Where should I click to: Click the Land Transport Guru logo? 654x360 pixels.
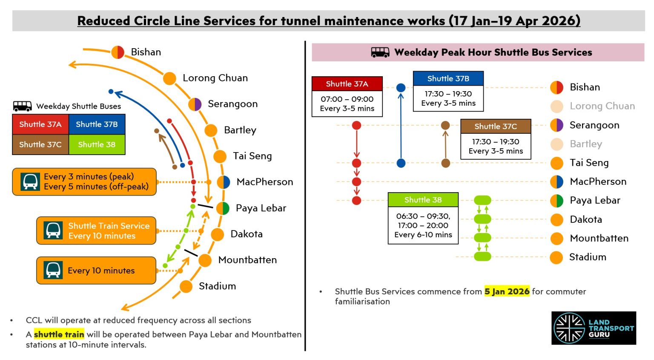point(594,328)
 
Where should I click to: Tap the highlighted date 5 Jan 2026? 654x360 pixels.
point(507,291)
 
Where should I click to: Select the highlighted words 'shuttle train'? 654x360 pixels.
point(59,334)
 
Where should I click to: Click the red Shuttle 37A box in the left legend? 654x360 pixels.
point(40,124)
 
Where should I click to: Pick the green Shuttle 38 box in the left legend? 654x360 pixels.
point(97,144)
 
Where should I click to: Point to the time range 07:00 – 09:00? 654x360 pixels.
point(347,99)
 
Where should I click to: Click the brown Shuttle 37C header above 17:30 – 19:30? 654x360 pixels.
point(496,127)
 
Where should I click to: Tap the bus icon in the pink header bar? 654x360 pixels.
point(380,52)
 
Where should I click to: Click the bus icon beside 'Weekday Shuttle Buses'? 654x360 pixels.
point(22,106)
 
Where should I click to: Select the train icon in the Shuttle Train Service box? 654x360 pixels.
point(53,230)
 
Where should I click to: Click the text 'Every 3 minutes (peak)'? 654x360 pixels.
point(89,176)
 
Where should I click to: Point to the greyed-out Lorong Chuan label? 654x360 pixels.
point(602,106)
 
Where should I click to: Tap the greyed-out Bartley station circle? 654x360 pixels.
point(556,144)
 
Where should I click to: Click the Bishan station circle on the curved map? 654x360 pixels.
point(118,52)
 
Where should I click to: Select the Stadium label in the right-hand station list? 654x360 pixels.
point(588,257)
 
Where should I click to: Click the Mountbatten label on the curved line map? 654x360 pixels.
point(247,260)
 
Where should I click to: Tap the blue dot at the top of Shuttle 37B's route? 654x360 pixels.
point(401,88)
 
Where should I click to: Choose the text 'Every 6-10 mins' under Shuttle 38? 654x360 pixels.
point(423,235)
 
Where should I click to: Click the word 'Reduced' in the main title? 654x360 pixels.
point(104,21)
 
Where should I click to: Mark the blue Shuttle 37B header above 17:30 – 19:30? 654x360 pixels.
point(448,79)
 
